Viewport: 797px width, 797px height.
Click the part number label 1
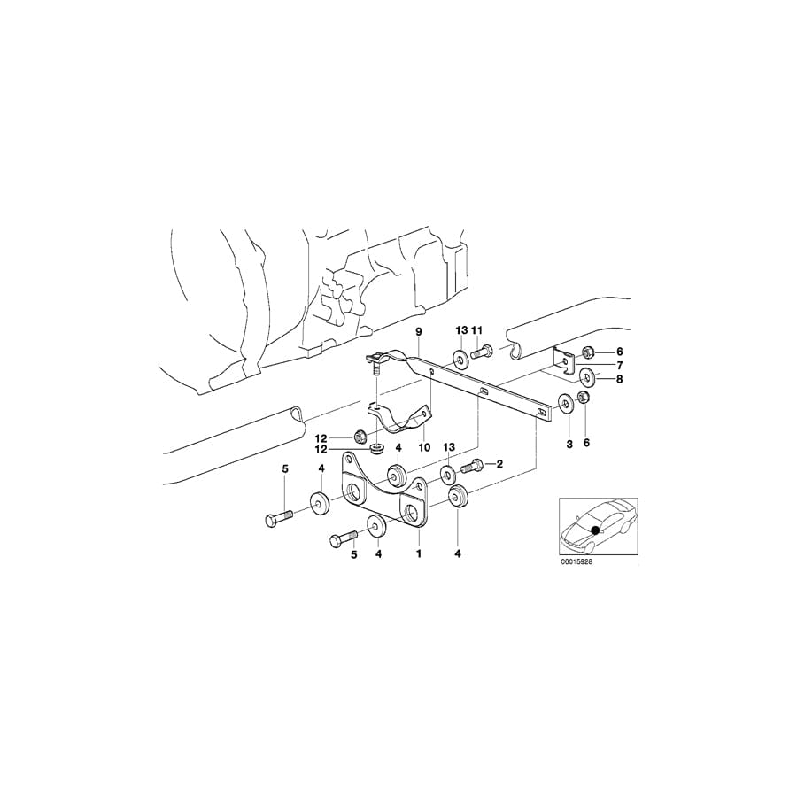(x=419, y=554)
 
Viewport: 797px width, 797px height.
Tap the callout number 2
(x=499, y=463)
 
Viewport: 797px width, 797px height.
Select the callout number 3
(x=569, y=442)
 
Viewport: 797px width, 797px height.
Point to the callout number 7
(x=619, y=366)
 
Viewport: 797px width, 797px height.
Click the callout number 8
(x=619, y=379)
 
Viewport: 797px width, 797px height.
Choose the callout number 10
(x=424, y=448)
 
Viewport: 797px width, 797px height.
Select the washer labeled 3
(x=564, y=405)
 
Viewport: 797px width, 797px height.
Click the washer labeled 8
(x=586, y=379)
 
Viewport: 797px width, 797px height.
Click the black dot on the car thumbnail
(x=595, y=530)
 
